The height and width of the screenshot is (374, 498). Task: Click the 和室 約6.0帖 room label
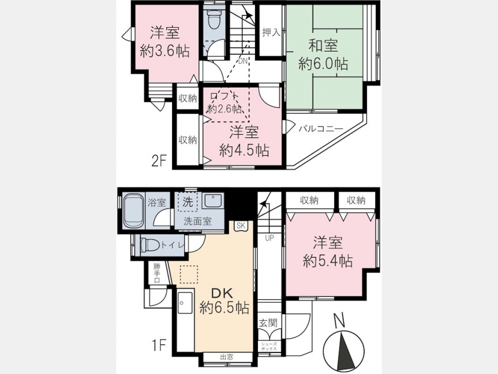(323, 55)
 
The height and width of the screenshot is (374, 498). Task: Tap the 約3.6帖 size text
(165, 51)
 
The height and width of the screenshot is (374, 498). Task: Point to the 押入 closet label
(271, 32)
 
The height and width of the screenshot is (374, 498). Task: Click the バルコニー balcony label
(321, 129)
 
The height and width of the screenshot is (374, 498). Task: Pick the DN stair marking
(243, 61)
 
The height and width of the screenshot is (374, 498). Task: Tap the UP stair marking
(269, 238)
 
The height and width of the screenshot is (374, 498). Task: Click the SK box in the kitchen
(241, 226)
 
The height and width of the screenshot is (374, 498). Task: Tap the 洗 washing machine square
(188, 202)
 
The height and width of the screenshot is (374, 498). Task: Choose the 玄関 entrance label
(268, 323)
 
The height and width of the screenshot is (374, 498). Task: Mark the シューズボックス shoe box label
(269, 346)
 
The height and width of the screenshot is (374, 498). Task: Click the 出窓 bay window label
(226, 357)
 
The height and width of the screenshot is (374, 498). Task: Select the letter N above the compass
(340, 320)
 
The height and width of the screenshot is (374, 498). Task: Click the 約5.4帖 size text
(328, 262)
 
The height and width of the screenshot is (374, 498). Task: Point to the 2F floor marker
(159, 162)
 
